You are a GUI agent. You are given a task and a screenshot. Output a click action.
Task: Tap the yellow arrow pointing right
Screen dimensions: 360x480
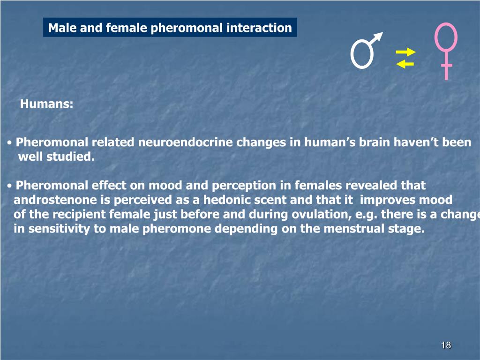pos(405,52)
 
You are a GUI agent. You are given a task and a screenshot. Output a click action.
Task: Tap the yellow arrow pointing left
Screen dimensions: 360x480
pos(405,64)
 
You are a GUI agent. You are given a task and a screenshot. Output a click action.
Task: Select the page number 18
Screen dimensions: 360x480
pos(446,345)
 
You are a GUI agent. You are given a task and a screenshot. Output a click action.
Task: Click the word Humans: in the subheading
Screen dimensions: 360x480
pos(46,104)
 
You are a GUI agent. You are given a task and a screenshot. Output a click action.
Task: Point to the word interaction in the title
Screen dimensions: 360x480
pos(259,28)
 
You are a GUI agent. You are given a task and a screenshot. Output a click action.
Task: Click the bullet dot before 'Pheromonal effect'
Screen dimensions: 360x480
pos(11,186)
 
